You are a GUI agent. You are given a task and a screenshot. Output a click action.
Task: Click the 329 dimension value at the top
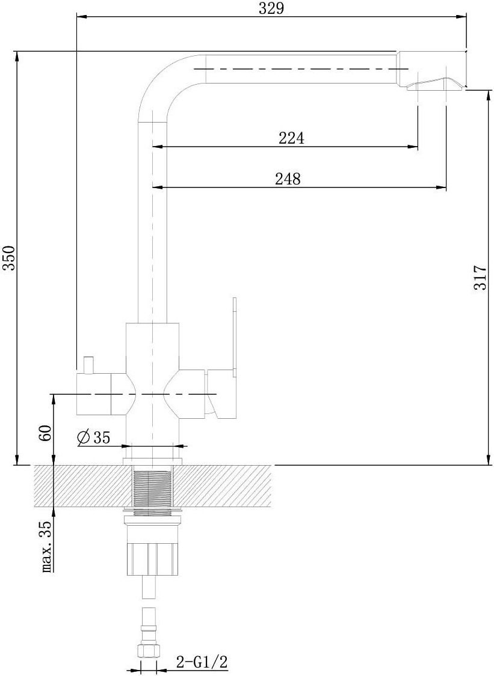coord(271,8)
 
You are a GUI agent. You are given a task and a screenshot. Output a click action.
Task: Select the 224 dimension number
coord(291,138)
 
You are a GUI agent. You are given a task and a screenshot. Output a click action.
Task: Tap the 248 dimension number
coord(288,178)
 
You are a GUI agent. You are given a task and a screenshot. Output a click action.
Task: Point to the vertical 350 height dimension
coord(9,258)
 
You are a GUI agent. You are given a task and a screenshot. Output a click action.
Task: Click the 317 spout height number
coord(480,278)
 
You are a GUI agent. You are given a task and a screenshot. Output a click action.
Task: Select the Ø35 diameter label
coord(93,437)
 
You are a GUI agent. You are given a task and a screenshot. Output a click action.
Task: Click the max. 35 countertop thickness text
coord(46,547)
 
